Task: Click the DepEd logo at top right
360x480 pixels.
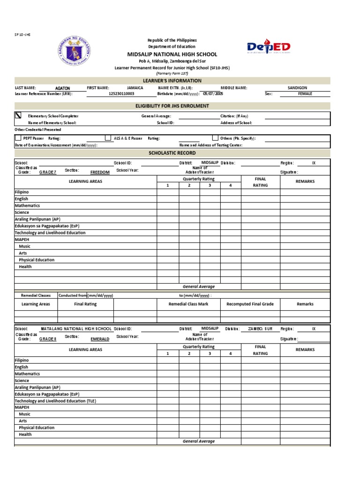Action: click(x=269, y=47)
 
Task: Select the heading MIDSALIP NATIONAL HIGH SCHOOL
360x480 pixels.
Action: click(x=172, y=54)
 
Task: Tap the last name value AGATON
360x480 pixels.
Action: click(x=62, y=88)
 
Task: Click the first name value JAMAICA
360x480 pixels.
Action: click(x=135, y=88)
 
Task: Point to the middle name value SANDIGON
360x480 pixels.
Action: click(x=298, y=88)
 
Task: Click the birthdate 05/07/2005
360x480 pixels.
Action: click(x=213, y=94)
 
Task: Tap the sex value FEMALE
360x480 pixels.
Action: click(x=305, y=94)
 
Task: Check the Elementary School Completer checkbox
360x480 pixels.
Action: click(x=18, y=115)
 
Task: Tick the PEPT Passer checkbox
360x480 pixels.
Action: click(x=18, y=138)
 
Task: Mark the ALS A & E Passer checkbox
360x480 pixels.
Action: click(x=108, y=138)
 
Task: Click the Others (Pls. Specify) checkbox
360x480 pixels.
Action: click(x=215, y=138)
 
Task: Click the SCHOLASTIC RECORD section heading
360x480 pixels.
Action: click(x=172, y=153)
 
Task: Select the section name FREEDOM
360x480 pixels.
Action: click(x=100, y=172)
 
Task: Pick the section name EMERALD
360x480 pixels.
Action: click(x=100, y=339)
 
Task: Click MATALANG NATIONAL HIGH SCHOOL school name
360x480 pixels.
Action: click(x=76, y=329)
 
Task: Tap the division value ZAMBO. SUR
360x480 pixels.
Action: click(x=260, y=329)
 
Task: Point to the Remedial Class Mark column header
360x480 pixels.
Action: click(x=188, y=304)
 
